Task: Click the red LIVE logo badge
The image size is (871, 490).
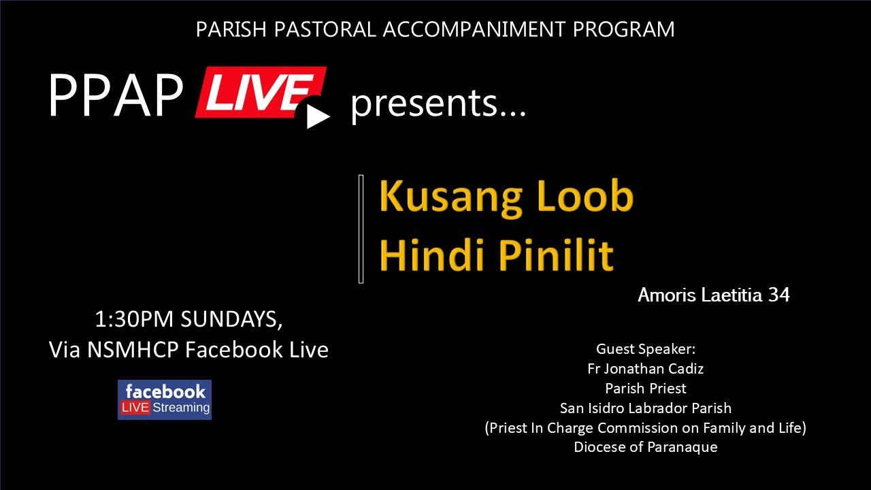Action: point(257,91)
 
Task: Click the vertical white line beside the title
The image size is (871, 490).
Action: point(361,229)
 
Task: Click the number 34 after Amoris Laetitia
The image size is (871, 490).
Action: point(778,295)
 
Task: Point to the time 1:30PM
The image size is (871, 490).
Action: point(133,318)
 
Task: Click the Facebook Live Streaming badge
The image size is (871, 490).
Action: point(165,399)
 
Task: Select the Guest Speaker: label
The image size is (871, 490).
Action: point(646,349)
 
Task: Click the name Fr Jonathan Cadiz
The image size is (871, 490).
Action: point(645,369)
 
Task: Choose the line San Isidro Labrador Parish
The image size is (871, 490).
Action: point(645,408)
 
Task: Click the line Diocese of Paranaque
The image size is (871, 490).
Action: point(645,447)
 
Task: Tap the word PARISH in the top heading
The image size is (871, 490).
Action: point(227,29)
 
